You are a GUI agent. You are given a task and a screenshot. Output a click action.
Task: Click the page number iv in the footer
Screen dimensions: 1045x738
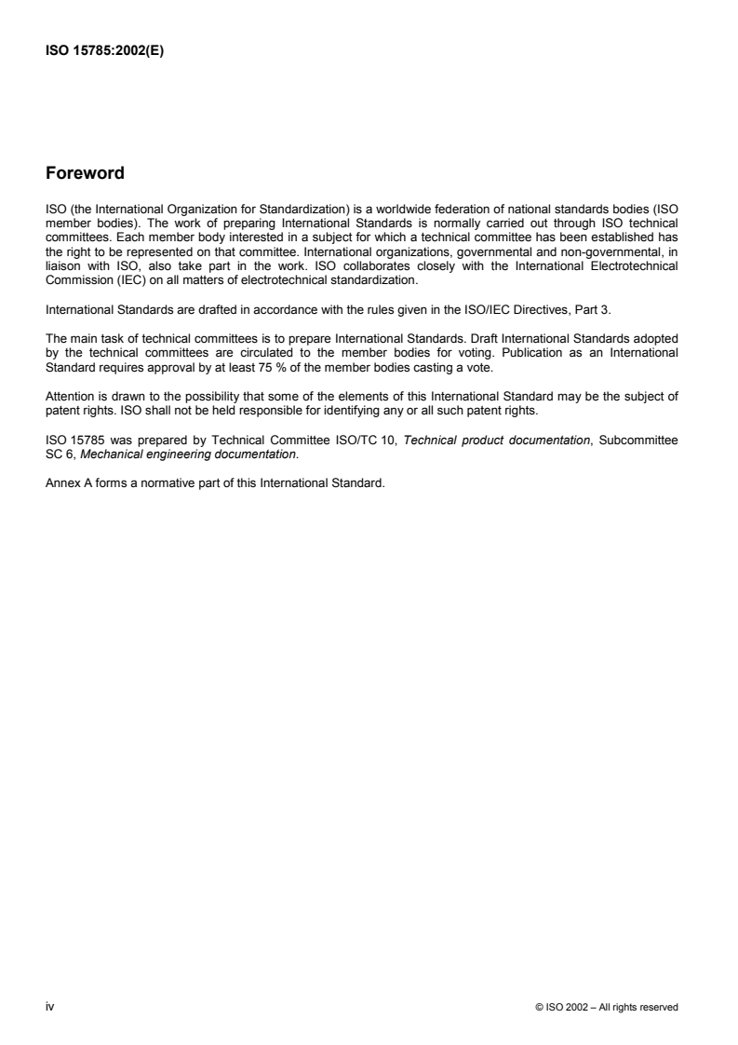pos(50,1007)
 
